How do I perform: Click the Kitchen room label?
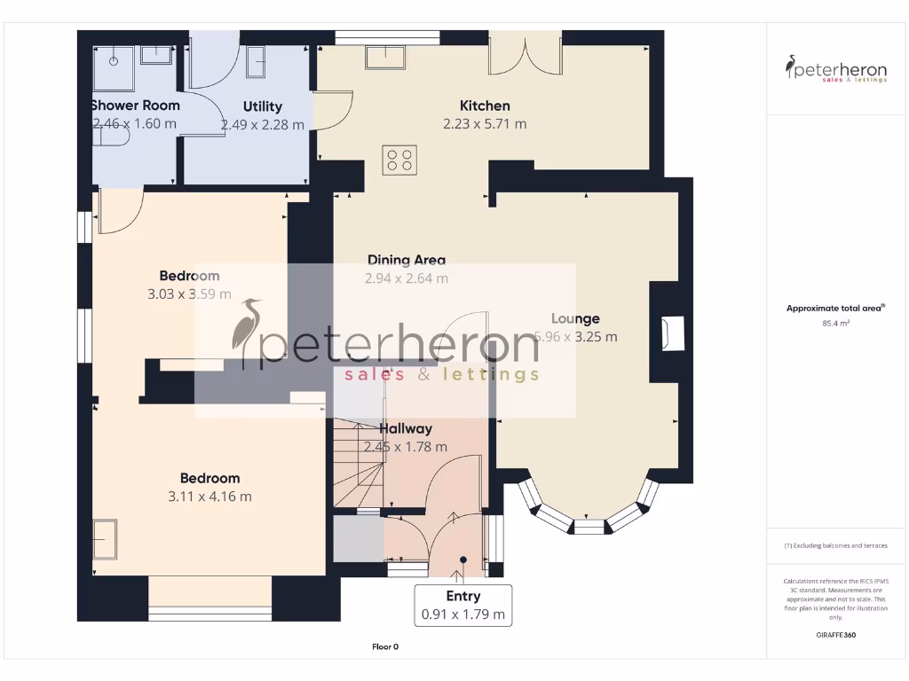pos(484,106)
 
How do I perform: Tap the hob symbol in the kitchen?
pos(399,160)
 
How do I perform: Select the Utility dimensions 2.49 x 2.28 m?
pos(262,125)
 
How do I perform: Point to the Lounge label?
pos(575,318)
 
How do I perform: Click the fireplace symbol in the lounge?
pos(671,333)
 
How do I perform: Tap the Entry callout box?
pos(462,605)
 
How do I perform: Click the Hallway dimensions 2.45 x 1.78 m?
pos(406,447)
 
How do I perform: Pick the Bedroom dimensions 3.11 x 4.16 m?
pos(209,497)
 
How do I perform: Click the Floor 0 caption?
pos(385,646)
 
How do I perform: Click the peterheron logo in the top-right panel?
pos(835,68)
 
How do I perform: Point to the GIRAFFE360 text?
pos(835,635)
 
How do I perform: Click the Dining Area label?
pos(407,260)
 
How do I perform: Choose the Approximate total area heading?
pos(835,309)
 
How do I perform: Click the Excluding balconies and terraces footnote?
pos(835,545)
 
